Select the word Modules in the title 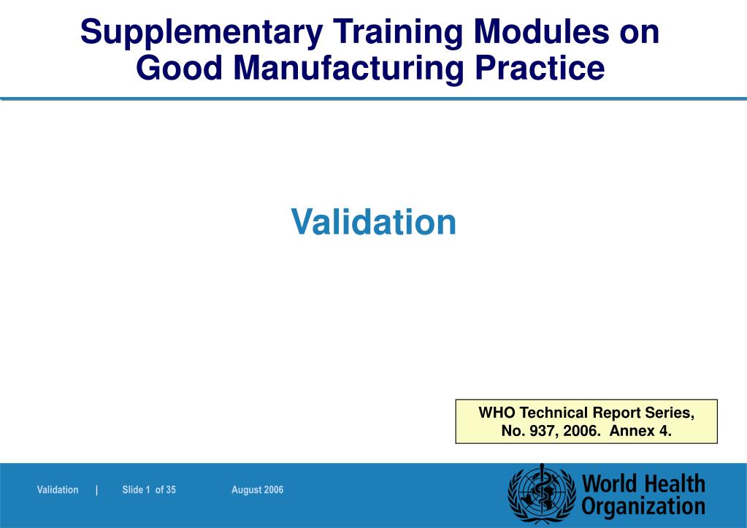(x=541, y=32)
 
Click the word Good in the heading (x=179, y=68)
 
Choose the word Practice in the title (x=540, y=68)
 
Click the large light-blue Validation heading (x=374, y=221)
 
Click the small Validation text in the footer (x=58, y=490)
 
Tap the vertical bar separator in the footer (x=96, y=490)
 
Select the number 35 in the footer (x=171, y=490)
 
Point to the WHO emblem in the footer (x=542, y=494)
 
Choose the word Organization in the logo (x=643, y=507)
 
